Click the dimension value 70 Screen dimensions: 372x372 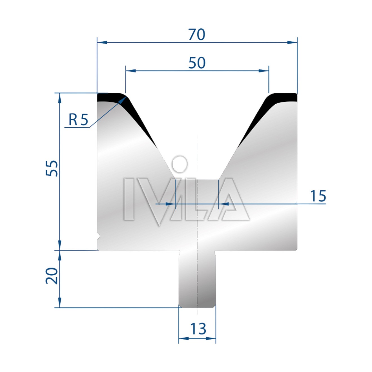click(x=197, y=35)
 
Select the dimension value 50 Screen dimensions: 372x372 click(x=197, y=63)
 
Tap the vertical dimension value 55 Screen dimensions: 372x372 click(x=52, y=168)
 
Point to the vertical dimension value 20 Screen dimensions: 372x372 click(x=52, y=276)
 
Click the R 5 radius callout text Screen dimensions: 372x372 click(x=78, y=120)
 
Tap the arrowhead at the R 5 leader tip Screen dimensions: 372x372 click(x=123, y=99)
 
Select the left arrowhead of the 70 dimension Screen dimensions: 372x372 click(x=102, y=42)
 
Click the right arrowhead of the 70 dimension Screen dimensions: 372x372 click(x=292, y=42)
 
